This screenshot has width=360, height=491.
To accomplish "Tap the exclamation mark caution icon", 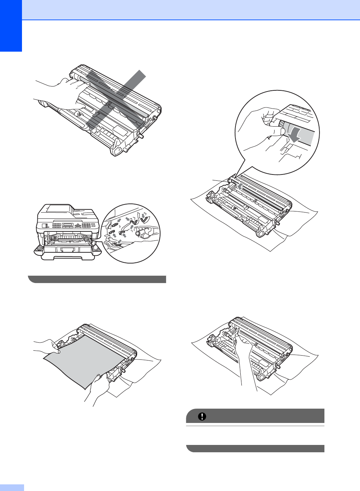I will click(202, 416).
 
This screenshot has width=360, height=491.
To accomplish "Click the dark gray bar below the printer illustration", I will click(97, 279).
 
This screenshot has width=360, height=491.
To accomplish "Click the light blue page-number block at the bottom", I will click(12, 487).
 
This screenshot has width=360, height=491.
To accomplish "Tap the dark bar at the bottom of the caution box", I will click(255, 448).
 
